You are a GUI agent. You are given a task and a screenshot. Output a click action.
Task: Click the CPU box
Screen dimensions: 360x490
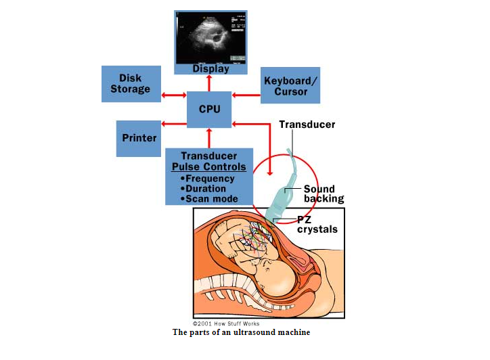click(x=209, y=109)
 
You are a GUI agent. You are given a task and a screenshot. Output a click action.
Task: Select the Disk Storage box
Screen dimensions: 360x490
click(x=131, y=84)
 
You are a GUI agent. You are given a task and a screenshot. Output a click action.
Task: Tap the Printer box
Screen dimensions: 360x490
click(x=139, y=137)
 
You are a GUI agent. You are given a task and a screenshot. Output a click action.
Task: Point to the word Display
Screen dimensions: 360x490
click(x=210, y=68)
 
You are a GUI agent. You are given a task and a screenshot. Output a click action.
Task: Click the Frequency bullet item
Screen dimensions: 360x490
click(x=209, y=179)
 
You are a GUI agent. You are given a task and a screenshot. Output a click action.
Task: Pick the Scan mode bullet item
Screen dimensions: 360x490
click(x=210, y=199)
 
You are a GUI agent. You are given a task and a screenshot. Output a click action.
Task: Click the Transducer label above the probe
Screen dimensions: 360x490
click(x=307, y=125)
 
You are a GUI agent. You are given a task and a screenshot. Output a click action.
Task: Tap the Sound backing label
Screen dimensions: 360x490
click(x=324, y=194)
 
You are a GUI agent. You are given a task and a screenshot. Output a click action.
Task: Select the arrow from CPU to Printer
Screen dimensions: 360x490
click(x=175, y=124)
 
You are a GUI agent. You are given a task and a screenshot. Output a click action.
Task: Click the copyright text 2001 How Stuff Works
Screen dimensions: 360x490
click(x=226, y=324)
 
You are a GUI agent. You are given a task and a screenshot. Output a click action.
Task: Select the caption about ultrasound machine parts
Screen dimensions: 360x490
click(x=241, y=332)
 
